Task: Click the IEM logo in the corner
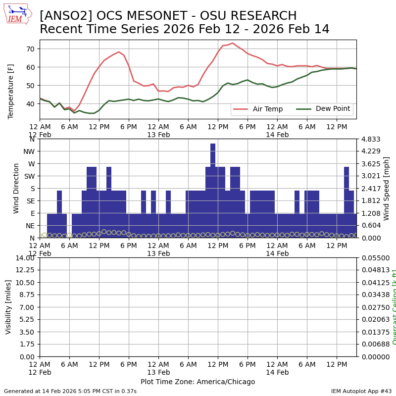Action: point(17,14)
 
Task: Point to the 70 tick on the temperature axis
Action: point(30,49)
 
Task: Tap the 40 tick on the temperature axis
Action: point(30,104)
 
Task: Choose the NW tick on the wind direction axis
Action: point(29,151)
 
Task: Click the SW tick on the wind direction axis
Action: point(29,176)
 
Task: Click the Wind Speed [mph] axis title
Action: point(387,188)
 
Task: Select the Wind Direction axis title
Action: point(16,188)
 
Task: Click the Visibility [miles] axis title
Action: point(8,307)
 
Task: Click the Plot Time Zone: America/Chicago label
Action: point(198,382)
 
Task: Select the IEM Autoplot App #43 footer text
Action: point(361,391)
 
